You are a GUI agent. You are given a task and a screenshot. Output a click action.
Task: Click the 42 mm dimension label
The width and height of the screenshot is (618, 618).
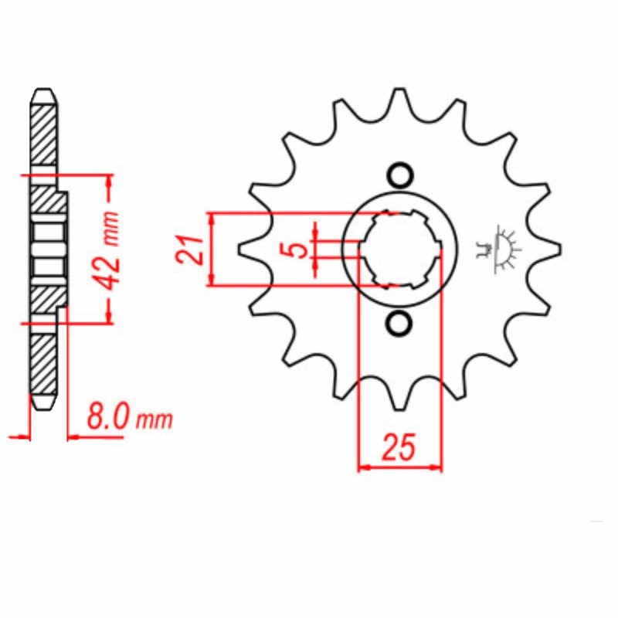[x=109, y=250]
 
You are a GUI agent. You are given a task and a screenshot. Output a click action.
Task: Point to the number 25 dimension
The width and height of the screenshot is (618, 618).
[x=399, y=447]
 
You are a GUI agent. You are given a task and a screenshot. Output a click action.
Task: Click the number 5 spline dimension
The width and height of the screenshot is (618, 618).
[x=299, y=250]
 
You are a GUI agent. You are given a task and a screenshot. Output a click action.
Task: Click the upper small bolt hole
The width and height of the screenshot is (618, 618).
[x=400, y=175]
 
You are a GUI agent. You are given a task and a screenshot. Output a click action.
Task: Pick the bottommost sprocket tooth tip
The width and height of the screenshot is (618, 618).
[x=399, y=409]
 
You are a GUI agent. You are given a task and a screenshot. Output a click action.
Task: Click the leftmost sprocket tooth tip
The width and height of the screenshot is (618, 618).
[x=239, y=249]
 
